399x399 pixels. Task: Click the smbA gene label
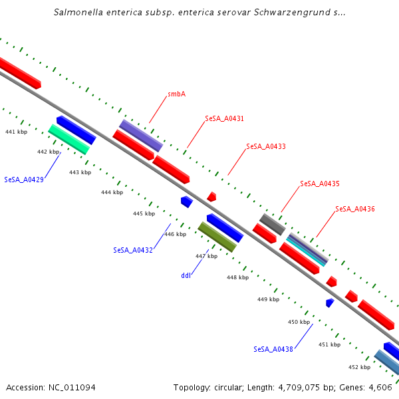[176, 94]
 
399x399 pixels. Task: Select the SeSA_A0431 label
[224, 119]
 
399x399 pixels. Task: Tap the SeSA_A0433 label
[265, 146]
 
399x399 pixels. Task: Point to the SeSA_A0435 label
[320, 184]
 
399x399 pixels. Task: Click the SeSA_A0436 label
[355, 209]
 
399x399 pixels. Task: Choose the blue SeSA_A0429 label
[24, 180]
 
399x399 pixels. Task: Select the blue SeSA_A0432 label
[133, 251]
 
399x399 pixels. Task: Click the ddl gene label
[186, 275]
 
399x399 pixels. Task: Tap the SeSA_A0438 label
[273, 349]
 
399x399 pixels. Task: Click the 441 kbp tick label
[16, 132]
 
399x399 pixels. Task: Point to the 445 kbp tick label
[144, 213]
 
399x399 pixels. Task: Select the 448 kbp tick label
[237, 277]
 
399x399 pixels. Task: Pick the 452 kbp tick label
[359, 367]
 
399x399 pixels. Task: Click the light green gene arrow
[68, 140]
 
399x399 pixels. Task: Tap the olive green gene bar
[217, 237]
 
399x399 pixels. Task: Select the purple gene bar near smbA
[141, 136]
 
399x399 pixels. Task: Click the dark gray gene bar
[273, 224]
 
